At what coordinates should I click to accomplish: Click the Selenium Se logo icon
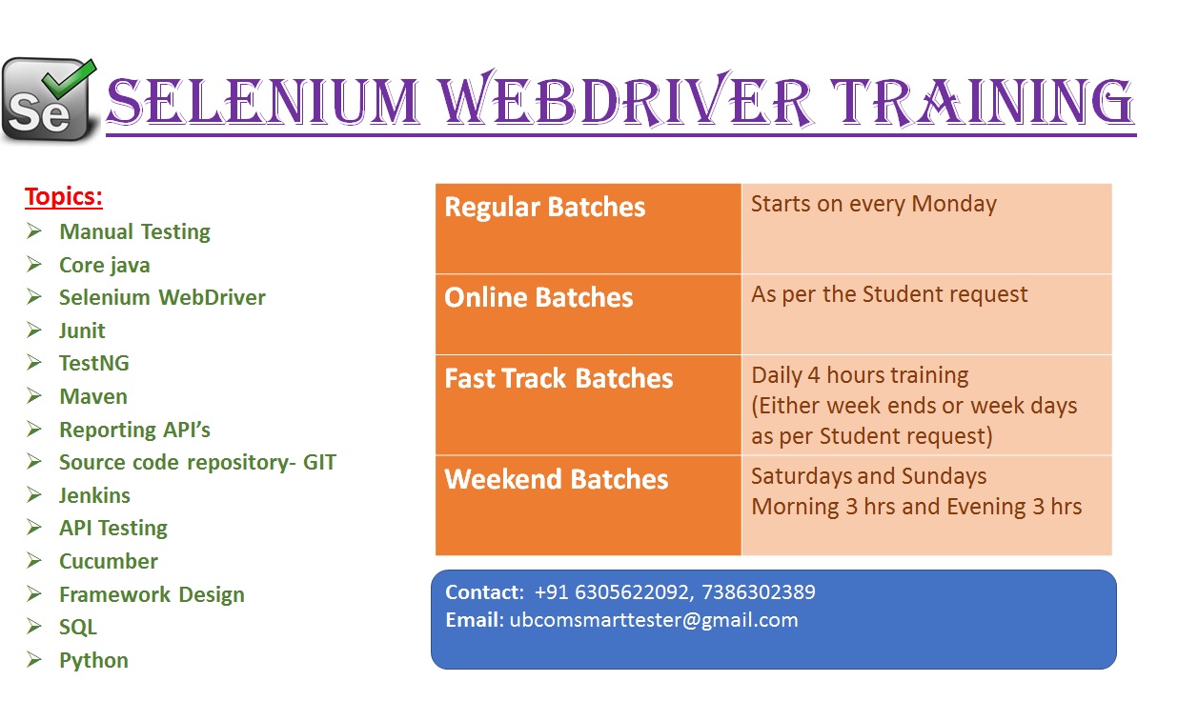(50, 100)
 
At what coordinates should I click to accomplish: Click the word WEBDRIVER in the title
(627, 100)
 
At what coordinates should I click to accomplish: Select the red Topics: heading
(64, 197)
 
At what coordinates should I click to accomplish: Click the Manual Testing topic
(134, 231)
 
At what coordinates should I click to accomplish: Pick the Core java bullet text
(105, 266)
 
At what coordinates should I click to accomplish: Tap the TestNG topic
(94, 363)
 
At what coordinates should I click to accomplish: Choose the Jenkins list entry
(94, 495)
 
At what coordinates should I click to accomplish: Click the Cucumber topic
(109, 561)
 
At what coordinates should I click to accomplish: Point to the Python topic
(93, 661)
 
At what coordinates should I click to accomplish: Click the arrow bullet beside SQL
(34, 627)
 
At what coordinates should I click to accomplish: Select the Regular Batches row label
(545, 207)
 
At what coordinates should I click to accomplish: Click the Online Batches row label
(538, 297)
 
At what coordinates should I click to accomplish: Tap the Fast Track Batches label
(559, 378)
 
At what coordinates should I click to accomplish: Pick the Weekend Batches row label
(557, 479)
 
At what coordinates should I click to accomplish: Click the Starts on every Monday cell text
(874, 204)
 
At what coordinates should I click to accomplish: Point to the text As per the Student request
(889, 294)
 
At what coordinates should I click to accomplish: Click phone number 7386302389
(759, 592)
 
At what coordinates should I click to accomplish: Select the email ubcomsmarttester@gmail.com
(654, 620)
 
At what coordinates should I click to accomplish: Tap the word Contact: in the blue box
(484, 592)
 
